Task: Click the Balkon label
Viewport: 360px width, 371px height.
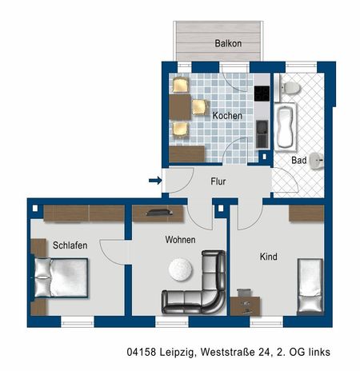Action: (228, 43)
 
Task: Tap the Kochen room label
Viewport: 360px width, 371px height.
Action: (227, 115)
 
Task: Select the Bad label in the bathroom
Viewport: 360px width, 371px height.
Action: (299, 160)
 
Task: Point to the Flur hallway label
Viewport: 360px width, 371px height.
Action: (218, 182)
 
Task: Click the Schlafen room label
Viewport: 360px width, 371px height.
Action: (70, 245)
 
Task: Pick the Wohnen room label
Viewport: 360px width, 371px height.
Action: (180, 239)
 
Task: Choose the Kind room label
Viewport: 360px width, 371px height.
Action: (268, 257)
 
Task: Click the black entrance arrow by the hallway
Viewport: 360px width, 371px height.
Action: (155, 181)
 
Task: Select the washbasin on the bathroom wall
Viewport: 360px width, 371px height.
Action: (318, 161)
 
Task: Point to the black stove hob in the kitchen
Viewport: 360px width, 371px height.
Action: (262, 92)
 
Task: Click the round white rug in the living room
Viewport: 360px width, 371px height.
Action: (180, 269)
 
